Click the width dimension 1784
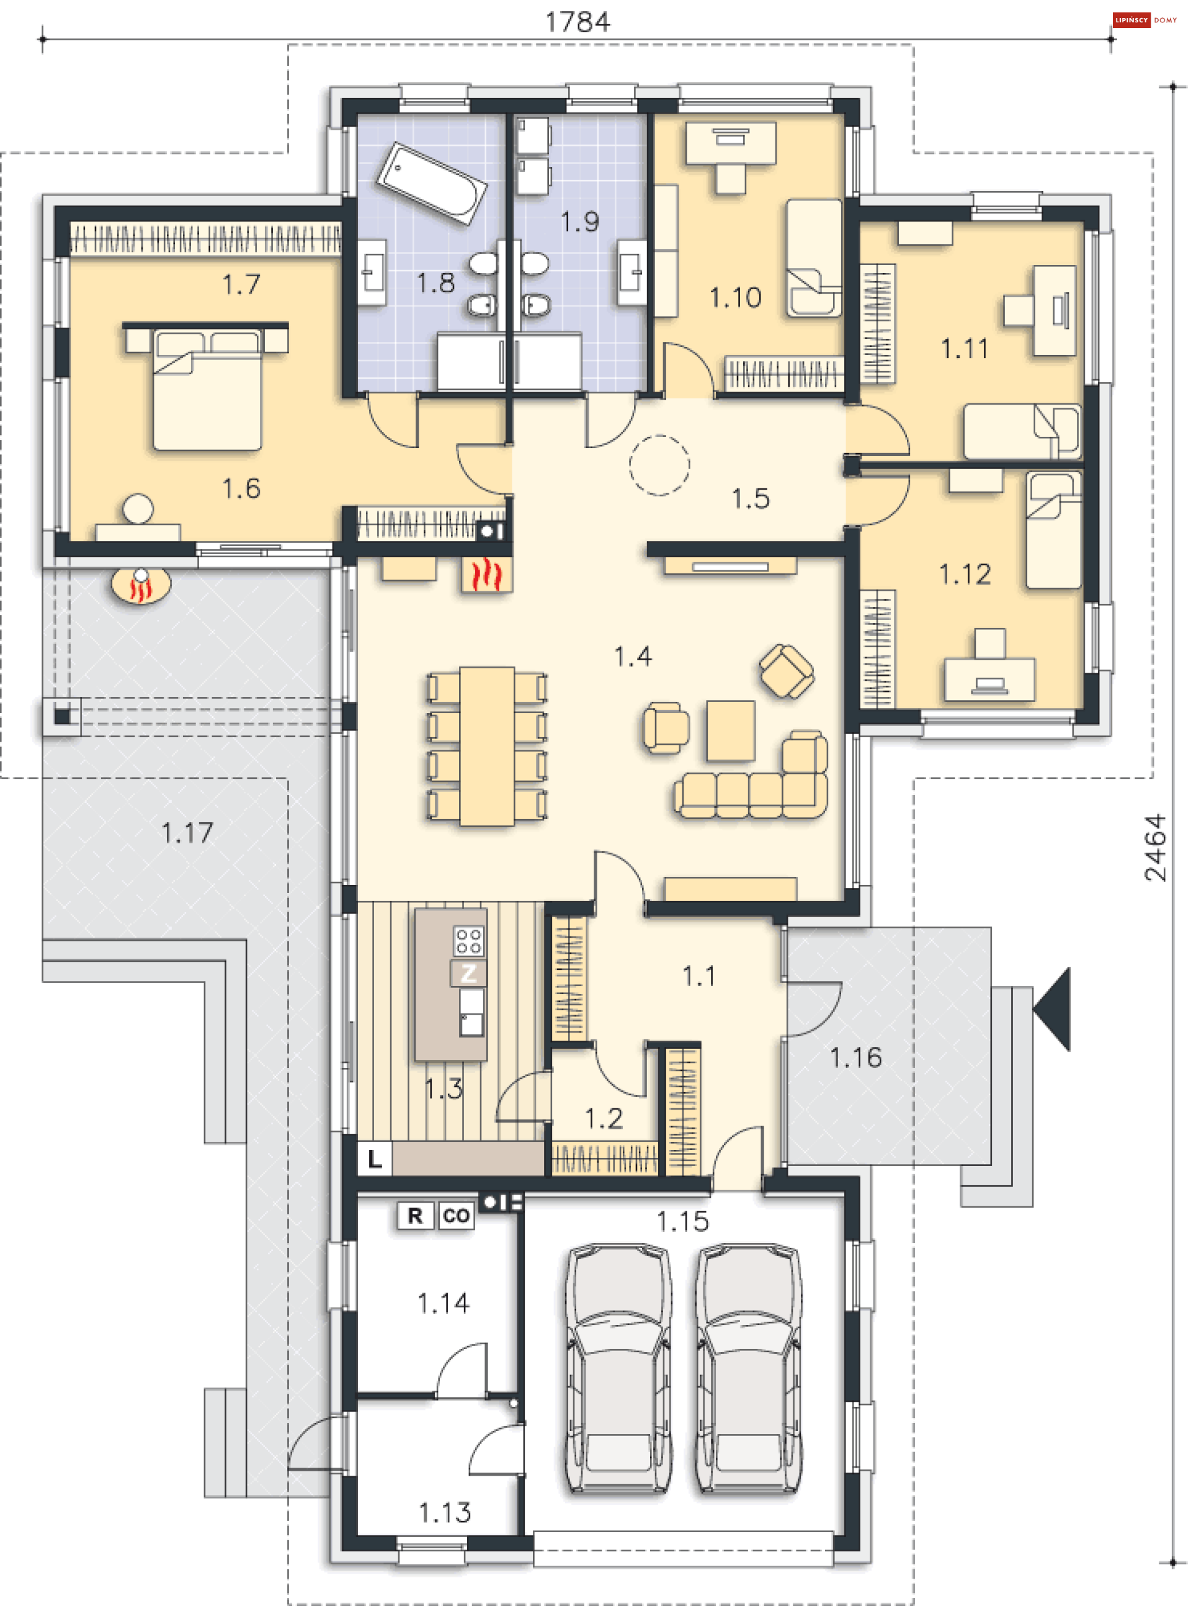pyautogui.click(x=578, y=22)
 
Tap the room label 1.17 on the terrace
pyautogui.click(x=187, y=833)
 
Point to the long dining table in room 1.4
pyautogui.click(x=488, y=746)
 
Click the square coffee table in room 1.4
pyautogui.click(x=730, y=730)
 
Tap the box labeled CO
pyautogui.click(x=457, y=1216)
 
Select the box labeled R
pyautogui.click(x=415, y=1216)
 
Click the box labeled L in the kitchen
pyautogui.click(x=375, y=1159)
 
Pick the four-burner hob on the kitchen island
pyautogui.click(x=468, y=940)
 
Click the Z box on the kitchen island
pyautogui.click(x=468, y=973)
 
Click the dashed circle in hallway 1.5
pyautogui.click(x=659, y=465)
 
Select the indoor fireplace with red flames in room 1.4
pyautogui.click(x=487, y=575)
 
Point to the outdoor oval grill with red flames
pyautogui.click(x=141, y=586)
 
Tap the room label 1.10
pyautogui.click(x=734, y=297)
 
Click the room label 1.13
pyautogui.click(x=445, y=1512)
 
